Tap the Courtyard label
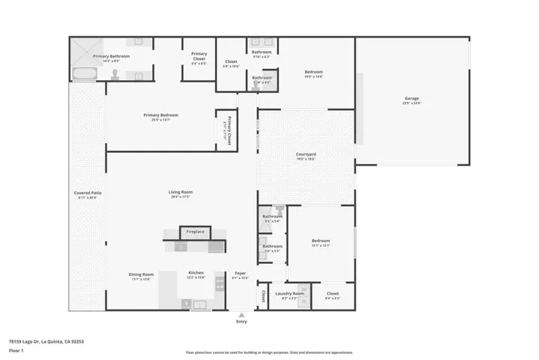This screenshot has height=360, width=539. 305,154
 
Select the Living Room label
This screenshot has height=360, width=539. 180,193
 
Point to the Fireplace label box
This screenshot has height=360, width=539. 195,232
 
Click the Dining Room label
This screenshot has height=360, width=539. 141,274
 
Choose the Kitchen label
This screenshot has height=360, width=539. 195,274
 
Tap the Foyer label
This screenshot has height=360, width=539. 240,274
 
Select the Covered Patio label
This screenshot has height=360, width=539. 88,193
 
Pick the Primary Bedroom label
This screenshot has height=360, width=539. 161,115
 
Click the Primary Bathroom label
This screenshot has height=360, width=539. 111,56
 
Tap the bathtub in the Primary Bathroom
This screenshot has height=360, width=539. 83,73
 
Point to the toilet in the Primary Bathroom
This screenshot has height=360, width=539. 116,74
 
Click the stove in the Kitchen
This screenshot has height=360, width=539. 220,283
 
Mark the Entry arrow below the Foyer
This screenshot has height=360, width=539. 241,315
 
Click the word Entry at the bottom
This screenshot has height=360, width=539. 241,322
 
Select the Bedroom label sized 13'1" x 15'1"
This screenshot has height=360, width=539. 321,242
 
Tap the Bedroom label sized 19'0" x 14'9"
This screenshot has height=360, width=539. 313,73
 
